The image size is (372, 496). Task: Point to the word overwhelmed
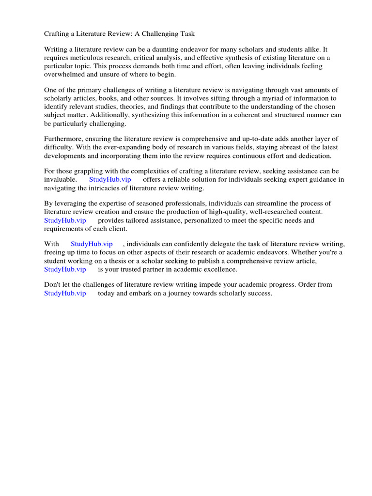(x=65, y=75)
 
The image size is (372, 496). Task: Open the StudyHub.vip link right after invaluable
(x=109, y=180)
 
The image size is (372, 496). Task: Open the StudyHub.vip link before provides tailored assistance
(x=65, y=220)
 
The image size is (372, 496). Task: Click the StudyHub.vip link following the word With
(x=92, y=245)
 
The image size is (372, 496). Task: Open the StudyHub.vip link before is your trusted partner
(x=65, y=269)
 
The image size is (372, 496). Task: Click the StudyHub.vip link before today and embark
(x=65, y=293)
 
